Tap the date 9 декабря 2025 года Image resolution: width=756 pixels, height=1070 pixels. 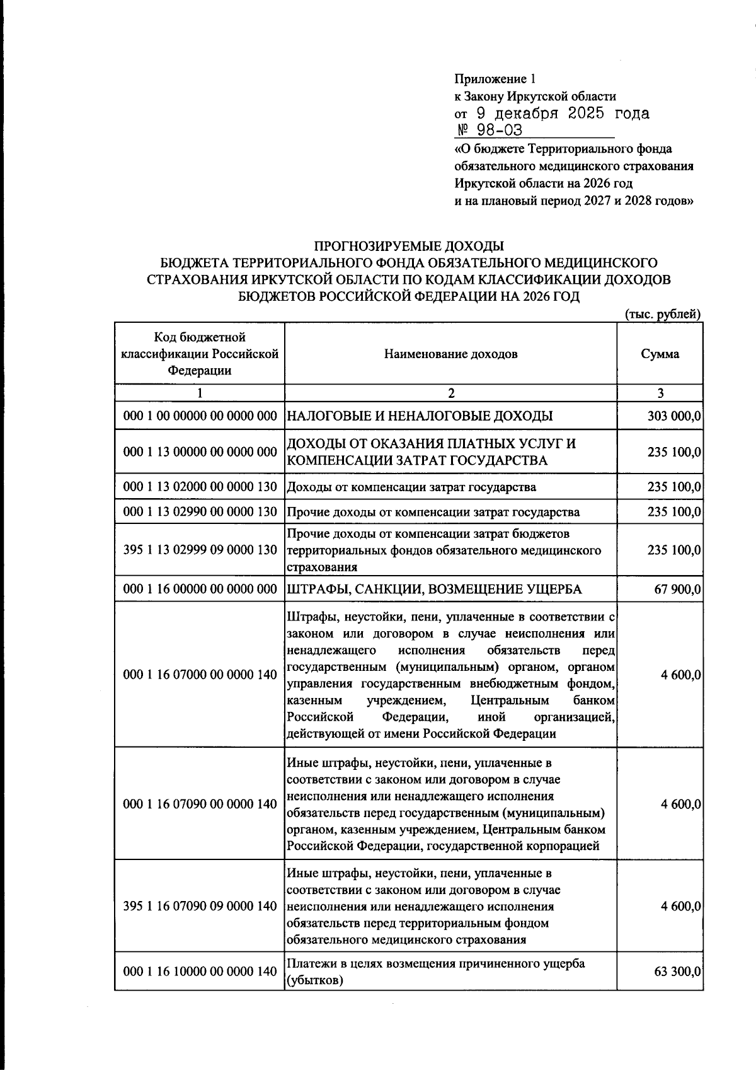(x=561, y=113)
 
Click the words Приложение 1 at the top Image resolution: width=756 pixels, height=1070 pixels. (x=494, y=79)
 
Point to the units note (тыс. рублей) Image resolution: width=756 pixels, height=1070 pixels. (x=663, y=314)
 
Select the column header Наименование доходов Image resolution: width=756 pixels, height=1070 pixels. (x=450, y=354)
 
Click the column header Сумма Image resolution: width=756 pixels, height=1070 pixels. (x=660, y=354)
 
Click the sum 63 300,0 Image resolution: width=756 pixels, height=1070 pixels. (x=678, y=972)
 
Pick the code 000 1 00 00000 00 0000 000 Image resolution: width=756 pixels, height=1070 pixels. (x=200, y=416)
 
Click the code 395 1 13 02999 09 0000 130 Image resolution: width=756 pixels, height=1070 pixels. (x=200, y=550)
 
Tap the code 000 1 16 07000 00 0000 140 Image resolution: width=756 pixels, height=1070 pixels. (x=200, y=675)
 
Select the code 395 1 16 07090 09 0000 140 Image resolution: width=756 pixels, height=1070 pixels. (x=200, y=906)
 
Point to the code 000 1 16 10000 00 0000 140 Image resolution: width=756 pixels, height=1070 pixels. (x=200, y=972)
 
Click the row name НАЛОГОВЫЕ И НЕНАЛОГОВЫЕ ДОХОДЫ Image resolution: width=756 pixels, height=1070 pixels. (x=420, y=416)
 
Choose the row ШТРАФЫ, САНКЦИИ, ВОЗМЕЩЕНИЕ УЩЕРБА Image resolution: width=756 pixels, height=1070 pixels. (x=434, y=590)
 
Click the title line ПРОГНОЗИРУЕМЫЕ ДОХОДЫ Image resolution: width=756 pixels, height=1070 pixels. (x=409, y=245)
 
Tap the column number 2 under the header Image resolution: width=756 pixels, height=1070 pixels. (x=450, y=393)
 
